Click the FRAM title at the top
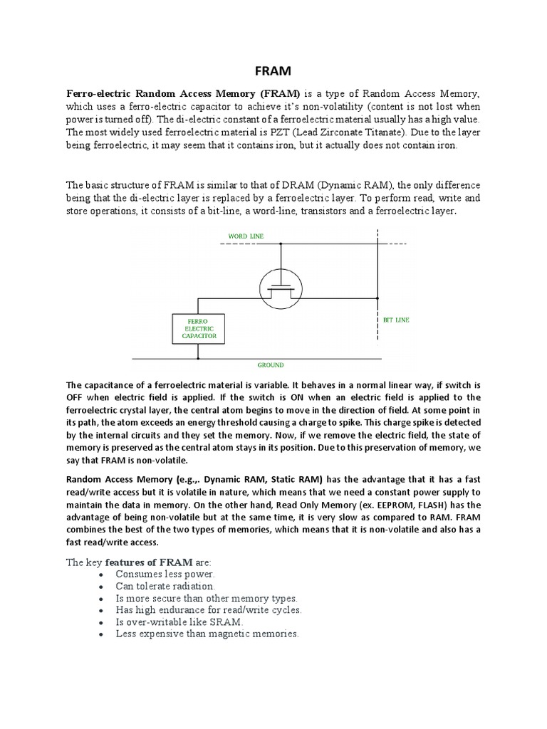[273, 73]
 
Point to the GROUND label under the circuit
[271, 364]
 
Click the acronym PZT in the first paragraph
[309, 132]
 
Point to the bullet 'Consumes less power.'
[164, 574]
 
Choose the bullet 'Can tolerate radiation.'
[165, 586]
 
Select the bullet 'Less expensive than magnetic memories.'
[207, 634]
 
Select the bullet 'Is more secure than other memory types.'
[207, 598]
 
